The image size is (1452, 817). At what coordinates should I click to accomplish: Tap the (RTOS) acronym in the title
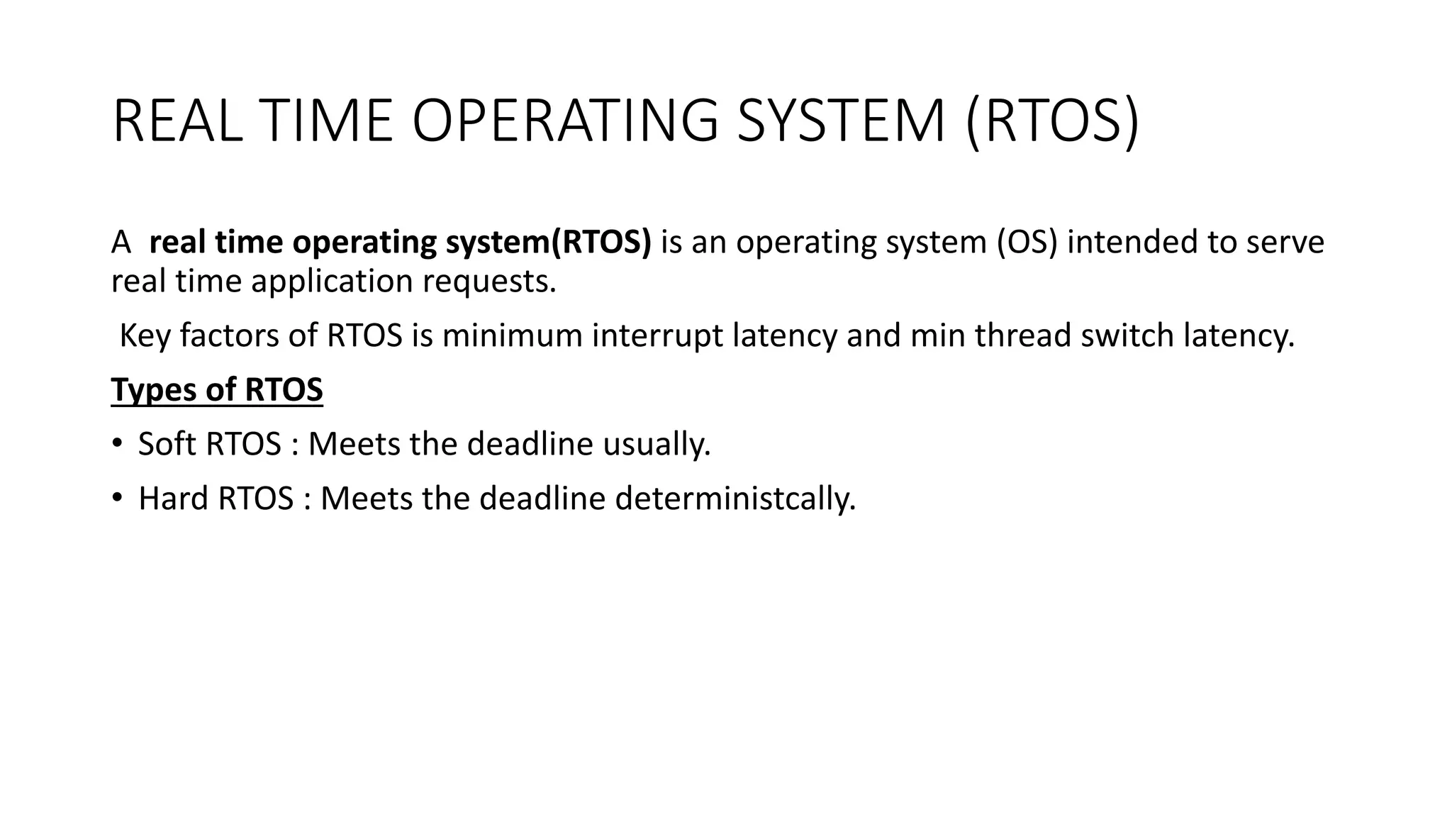1052,122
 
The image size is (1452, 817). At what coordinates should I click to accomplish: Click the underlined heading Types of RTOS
217,390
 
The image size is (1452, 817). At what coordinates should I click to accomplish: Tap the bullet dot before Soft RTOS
117,444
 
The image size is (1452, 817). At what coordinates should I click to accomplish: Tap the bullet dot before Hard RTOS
117,498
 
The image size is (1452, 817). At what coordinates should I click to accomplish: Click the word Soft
167,444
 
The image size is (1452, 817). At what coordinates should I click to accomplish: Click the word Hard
174,499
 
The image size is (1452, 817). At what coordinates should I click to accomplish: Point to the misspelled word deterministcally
735,499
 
